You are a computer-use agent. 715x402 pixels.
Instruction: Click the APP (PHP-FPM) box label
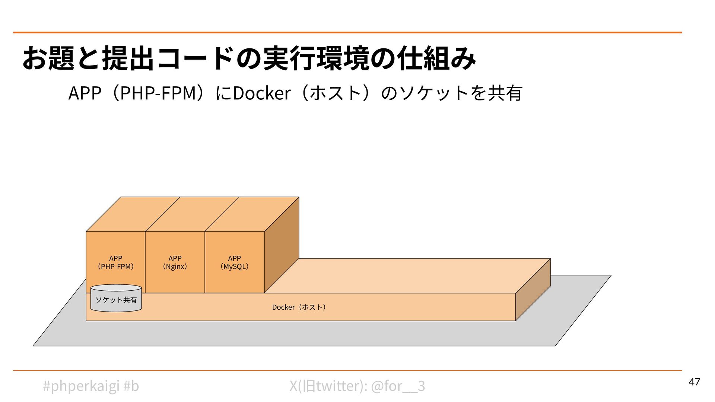tap(115, 262)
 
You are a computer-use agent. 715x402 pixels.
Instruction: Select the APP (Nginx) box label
tap(175, 262)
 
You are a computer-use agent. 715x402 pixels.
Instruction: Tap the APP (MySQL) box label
tap(234, 262)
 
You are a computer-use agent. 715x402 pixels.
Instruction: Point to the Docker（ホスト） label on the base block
tap(299, 307)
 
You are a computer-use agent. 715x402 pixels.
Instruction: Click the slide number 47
tap(694, 382)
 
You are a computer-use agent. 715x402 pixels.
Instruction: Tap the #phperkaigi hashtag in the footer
tap(81, 386)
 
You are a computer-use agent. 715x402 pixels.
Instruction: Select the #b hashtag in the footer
tap(131, 386)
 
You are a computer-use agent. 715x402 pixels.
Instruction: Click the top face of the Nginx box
tap(192, 214)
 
